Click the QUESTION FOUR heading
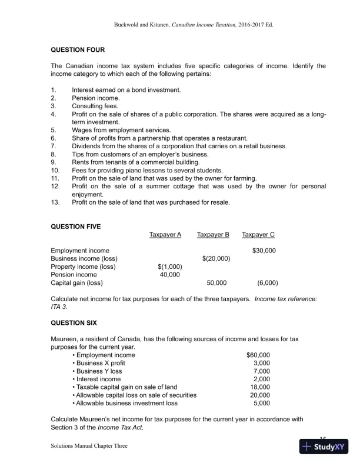78,50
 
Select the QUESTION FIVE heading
76,226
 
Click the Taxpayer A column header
165,235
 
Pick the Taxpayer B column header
213,235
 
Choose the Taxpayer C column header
258,235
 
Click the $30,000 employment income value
264,251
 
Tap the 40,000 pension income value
170,274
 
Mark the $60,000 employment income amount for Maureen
258,355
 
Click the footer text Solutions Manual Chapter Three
89,446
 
